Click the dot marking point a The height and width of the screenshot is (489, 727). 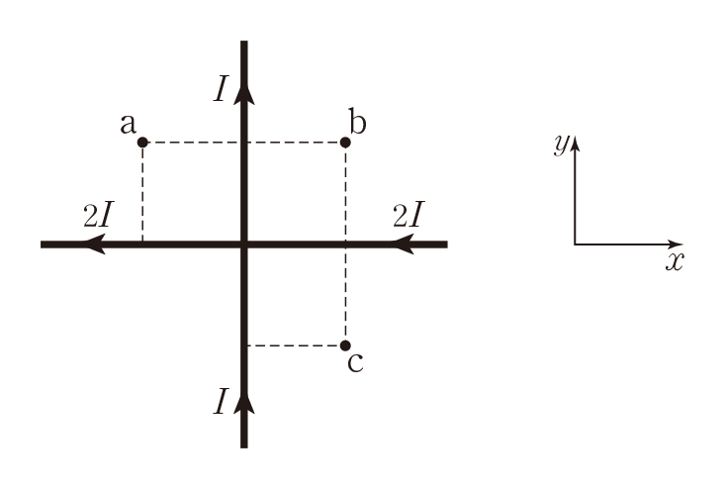[142, 143]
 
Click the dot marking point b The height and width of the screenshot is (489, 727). [345, 143]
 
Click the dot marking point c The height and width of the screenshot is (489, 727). [345, 345]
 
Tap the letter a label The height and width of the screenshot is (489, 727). [127, 124]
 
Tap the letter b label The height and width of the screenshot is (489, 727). [357, 123]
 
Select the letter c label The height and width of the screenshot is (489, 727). [356, 362]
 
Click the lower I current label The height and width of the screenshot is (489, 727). [221, 401]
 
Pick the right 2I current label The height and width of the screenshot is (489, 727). [409, 215]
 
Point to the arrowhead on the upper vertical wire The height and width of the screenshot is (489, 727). [244, 92]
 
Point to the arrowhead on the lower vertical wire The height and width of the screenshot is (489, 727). [244, 401]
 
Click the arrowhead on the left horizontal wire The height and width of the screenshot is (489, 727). [95, 244]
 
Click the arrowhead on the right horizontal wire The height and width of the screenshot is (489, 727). [403, 244]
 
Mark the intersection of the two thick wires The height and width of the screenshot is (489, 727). [244, 244]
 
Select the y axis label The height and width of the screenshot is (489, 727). [561, 145]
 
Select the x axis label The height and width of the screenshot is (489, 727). [675, 262]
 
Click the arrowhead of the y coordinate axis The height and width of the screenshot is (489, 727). [575, 142]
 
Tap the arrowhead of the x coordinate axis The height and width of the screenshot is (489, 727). [678, 244]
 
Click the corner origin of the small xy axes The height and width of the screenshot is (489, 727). [575, 244]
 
